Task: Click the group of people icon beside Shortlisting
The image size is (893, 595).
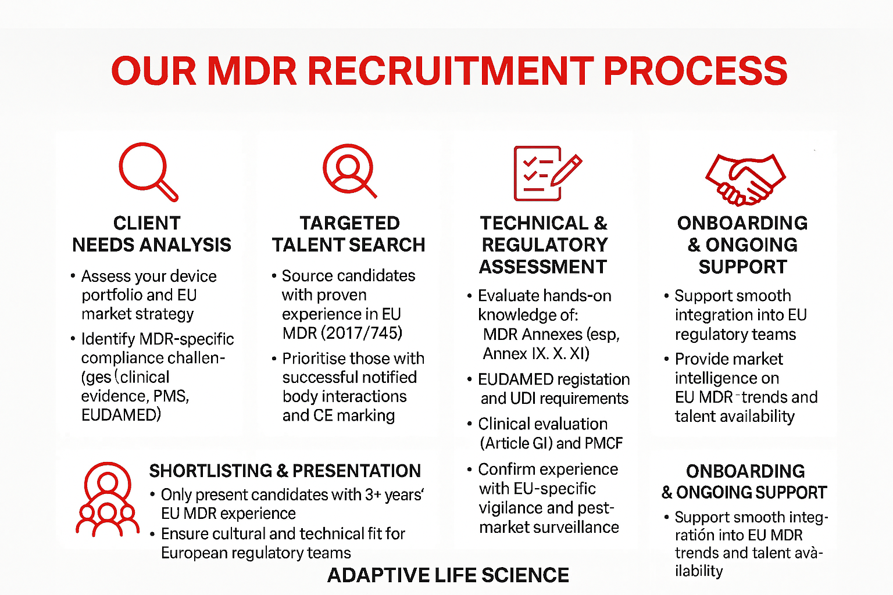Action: [x=107, y=500]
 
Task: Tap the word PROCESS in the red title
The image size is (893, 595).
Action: [x=695, y=71]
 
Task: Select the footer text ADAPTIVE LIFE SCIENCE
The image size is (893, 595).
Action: [x=448, y=575]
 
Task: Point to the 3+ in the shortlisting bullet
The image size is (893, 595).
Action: [x=373, y=494]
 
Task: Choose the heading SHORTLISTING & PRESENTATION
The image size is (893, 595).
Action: [x=285, y=471]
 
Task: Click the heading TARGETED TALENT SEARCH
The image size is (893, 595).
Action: [x=349, y=234]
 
